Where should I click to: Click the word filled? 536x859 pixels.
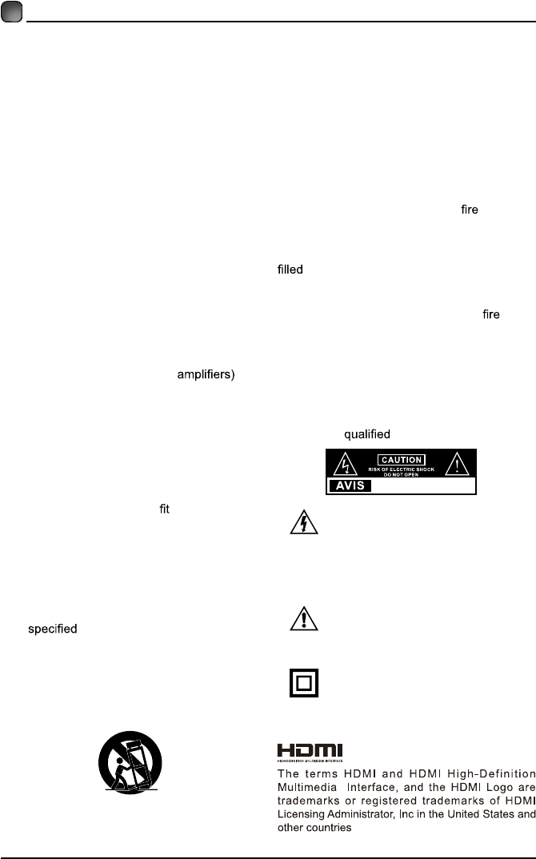pos(284,270)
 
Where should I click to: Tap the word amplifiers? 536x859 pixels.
pos(205,375)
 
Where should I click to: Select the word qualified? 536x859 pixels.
pos(366,434)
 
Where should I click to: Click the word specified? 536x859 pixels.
pos(53,629)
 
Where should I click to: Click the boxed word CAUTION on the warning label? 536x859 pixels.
pos(400,460)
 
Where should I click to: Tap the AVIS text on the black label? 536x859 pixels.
pos(349,485)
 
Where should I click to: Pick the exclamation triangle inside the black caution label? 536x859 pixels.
pos(457,464)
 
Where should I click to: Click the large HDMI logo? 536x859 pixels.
pos(310,751)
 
